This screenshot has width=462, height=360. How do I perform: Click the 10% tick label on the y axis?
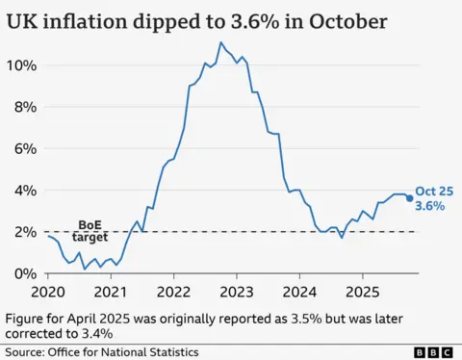pyautogui.click(x=21, y=65)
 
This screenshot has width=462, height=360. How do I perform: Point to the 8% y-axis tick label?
pyautogui.click(x=25, y=107)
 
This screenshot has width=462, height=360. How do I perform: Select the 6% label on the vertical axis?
pyautogui.click(x=25, y=148)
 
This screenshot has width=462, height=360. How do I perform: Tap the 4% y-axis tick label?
pyautogui.click(x=25, y=191)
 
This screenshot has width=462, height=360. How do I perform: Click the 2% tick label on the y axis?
pyautogui.click(x=25, y=232)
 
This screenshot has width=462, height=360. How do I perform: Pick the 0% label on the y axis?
pyautogui.click(x=25, y=273)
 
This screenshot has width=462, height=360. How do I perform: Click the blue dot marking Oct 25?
pyautogui.click(x=409, y=198)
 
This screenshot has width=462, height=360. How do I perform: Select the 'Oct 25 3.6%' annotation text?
pyautogui.click(x=429, y=198)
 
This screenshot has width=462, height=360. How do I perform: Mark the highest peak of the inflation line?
pyautogui.click(x=221, y=42)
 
